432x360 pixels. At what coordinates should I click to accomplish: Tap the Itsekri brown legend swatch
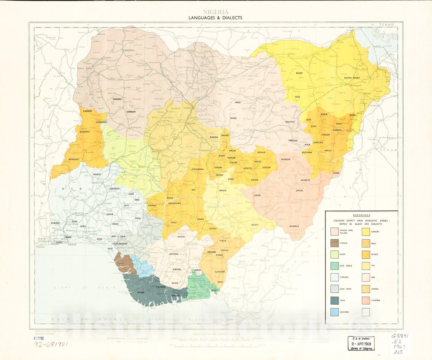[335, 243]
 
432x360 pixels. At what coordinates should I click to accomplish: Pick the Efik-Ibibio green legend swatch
[335, 266]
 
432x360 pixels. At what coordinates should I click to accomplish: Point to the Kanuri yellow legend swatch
[366, 231]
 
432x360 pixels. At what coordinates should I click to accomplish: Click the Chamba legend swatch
[366, 300]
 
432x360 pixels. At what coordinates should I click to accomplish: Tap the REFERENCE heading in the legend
[362, 215]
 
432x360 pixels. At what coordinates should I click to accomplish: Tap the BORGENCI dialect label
[73, 159]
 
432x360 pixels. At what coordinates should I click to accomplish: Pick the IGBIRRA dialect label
[152, 206]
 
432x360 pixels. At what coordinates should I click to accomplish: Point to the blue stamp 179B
[38, 338]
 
